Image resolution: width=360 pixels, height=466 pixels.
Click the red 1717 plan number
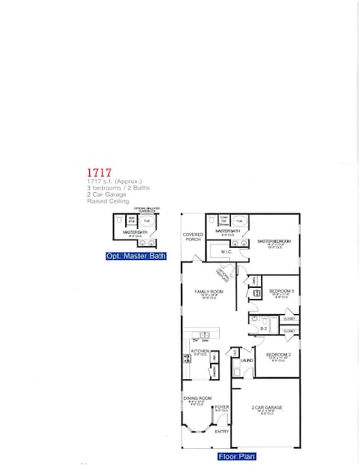[99, 173]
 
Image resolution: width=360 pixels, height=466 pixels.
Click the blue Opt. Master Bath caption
[136, 256]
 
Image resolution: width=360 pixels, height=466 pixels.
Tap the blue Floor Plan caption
[239, 458]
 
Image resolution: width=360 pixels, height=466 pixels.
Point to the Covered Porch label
[192, 236]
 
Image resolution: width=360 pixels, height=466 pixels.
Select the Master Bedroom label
[274, 241]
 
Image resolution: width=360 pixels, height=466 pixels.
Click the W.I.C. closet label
[226, 252]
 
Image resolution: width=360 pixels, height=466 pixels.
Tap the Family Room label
[209, 292]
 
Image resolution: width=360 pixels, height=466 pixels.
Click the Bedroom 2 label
[278, 354]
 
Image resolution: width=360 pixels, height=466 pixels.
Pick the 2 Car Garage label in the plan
[267, 407]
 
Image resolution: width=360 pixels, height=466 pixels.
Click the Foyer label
[222, 406]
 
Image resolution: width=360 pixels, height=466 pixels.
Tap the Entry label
[222, 432]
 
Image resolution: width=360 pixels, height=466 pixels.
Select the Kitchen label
[200, 351]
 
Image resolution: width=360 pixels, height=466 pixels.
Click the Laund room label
[246, 359]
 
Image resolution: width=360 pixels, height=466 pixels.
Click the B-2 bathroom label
[263, 328]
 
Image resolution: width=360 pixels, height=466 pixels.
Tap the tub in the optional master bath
[147, 221]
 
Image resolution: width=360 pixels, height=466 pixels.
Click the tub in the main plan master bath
[240, 221]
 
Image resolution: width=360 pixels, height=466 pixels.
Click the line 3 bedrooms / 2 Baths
[114, 188]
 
